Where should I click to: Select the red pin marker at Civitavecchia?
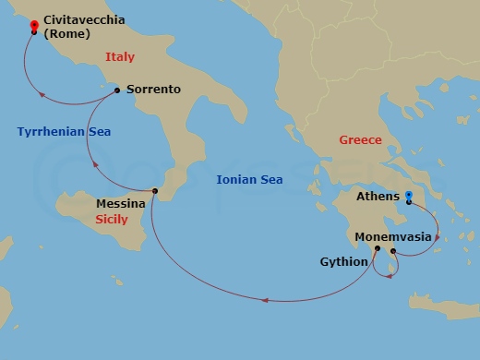(34, 25)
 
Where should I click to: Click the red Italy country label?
(119, 57)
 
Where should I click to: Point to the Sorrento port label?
(152, 90)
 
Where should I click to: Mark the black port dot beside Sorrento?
(116, 90)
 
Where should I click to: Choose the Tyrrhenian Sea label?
(64, 132)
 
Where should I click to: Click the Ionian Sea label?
(249, 180)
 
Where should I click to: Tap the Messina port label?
(120, 203)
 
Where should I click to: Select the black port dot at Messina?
(155, 191)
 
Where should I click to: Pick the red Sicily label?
(112, 220)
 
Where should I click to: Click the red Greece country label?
(360, 140)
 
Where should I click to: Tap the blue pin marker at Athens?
(408, 196)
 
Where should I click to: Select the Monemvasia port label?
(392, 236)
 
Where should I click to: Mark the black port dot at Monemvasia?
(393, 251)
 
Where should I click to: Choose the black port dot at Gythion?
(377, 248)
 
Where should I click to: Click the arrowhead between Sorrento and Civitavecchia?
(40, 92)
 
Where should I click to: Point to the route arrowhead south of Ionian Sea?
(266, 299)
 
